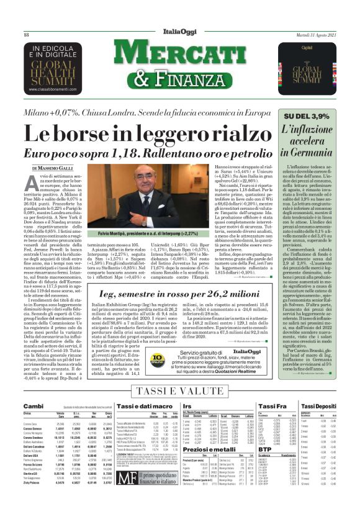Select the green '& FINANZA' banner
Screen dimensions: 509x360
coord(180,78)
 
